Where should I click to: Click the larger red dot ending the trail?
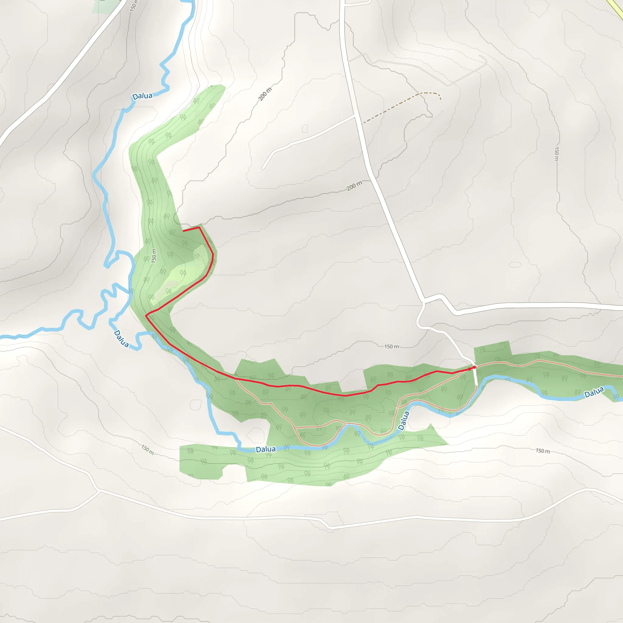pyautogui.click(x=474, y=367)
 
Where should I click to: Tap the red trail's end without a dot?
pyautogui.click(x=183, y=231)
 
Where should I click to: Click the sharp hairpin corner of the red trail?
pyautogui.click(x=146, y=316)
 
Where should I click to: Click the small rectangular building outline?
pyautogui.click(x=305, y=129)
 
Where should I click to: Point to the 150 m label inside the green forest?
pyautogui.click(x=154, y=256)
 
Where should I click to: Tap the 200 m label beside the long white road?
pyautogui.click(x=354, y=186)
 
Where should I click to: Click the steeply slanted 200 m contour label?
pyautogui.click(x=265, y=94)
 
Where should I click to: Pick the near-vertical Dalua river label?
pyautogui.click(x=403, y=421)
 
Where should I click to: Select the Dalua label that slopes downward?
pyautogui.click(x=121, y=339)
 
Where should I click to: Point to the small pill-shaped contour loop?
pyautogui.click(x=515, y=265)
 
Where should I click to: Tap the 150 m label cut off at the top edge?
pyautogui.click(x=134, y=6)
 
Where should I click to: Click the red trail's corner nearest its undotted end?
pyautogui.click(x=199, y=227)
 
